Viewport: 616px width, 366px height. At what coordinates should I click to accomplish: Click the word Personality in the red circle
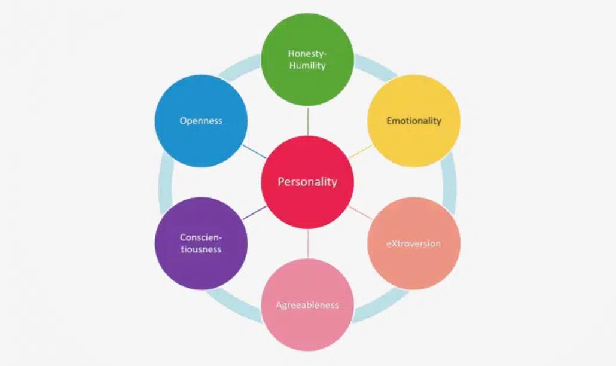coord(307,182)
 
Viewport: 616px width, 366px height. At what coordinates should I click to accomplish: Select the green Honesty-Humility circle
coord(307,59)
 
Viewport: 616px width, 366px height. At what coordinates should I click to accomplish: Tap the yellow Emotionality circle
coord(414,121)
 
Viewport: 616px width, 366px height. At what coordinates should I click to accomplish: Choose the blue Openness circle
coord(201,121)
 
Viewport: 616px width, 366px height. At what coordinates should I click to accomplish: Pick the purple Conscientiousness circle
coord(201,243)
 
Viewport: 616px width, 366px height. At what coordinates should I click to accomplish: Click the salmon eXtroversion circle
coord(414,243)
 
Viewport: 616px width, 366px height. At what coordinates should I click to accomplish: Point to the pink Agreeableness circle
coord(307,305)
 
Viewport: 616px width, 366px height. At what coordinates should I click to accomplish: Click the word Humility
coord(307,66)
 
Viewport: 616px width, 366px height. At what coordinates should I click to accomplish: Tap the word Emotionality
coord(414,121)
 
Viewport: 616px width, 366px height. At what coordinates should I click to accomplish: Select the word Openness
coord(201,121)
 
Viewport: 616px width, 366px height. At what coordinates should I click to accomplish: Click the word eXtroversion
coord(414,243)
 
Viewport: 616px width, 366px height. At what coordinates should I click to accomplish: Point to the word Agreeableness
coord(307,305)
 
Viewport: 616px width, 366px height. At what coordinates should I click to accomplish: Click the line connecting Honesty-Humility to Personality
coord(307,121)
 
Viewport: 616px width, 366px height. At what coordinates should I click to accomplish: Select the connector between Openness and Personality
coord(255,151)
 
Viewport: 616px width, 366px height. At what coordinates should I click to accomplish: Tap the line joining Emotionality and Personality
coord(360,151)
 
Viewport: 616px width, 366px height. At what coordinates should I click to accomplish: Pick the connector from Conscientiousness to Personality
coord(255,212)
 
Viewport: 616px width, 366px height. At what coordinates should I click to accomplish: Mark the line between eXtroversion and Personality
coord(360,212)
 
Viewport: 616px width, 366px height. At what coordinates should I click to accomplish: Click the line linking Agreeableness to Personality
coord(307,243)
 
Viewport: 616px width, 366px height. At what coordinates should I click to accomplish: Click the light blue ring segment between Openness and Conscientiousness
coord(166,182)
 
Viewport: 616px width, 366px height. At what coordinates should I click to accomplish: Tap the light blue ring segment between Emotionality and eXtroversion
coord(449,182)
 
